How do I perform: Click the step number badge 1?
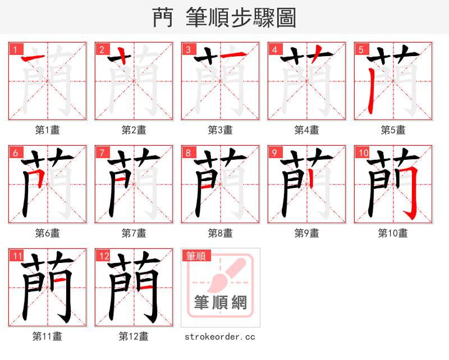tap(14, 49)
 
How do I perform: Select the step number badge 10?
tap(362, 153)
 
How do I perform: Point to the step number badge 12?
tap(103, 256)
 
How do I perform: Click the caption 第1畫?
tap(48, 130)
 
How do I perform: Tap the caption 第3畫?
tap(221, 130)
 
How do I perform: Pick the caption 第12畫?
tap(134, 336)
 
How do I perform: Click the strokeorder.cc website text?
tap(220, 337)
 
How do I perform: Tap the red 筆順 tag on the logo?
tap(196, 256)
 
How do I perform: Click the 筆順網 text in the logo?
tap(221, 303)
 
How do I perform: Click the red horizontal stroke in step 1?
tap(33, 57)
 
